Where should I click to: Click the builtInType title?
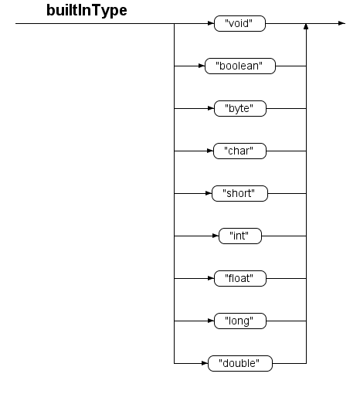(87, 11)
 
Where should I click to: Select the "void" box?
(239, 23)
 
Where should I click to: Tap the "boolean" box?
(240, 66)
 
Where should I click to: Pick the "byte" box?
(240, 108)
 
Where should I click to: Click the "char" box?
(239, 151)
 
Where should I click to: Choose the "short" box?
(239, 193)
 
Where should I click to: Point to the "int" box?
(240, 236)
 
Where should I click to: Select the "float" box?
(240, 278)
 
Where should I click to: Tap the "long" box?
(240, 321)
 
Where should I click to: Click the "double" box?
(240, 363)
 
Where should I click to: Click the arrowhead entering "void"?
(211, 23)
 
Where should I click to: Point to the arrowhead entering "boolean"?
(202, 66)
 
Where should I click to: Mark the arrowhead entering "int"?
(216, 236)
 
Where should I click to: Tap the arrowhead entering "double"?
(205, 363)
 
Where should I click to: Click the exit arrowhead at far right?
(341, 23)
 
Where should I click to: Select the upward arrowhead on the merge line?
(306, 26)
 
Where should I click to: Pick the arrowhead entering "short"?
(209, 193)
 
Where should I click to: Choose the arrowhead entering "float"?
(211, 278)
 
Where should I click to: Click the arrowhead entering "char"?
(210, 151)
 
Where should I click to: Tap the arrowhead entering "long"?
(211, 321)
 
